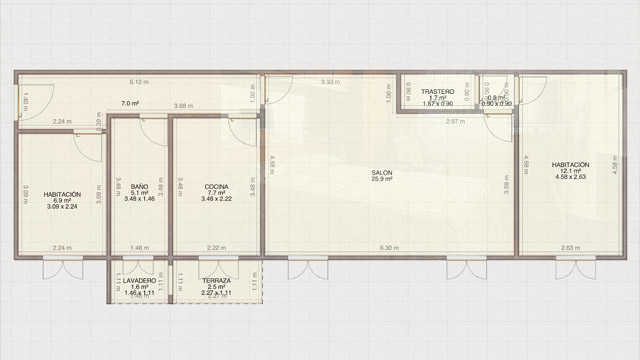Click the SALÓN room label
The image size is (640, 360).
381,173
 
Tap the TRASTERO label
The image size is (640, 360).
438,90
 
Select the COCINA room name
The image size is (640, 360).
217,187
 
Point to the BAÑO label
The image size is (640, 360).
139,187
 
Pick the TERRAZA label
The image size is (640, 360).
216,281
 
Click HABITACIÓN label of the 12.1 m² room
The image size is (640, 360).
570,164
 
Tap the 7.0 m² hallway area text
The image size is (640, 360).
130,103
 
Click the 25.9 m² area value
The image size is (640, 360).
381,180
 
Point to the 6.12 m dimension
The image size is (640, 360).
138,81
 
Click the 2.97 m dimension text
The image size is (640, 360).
455,121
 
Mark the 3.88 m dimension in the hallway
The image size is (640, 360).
182,106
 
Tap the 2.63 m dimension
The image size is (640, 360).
570,248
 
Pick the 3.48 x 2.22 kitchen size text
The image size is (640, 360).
217,200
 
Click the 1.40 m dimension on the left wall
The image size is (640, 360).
24,100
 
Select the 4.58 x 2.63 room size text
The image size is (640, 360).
570,178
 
